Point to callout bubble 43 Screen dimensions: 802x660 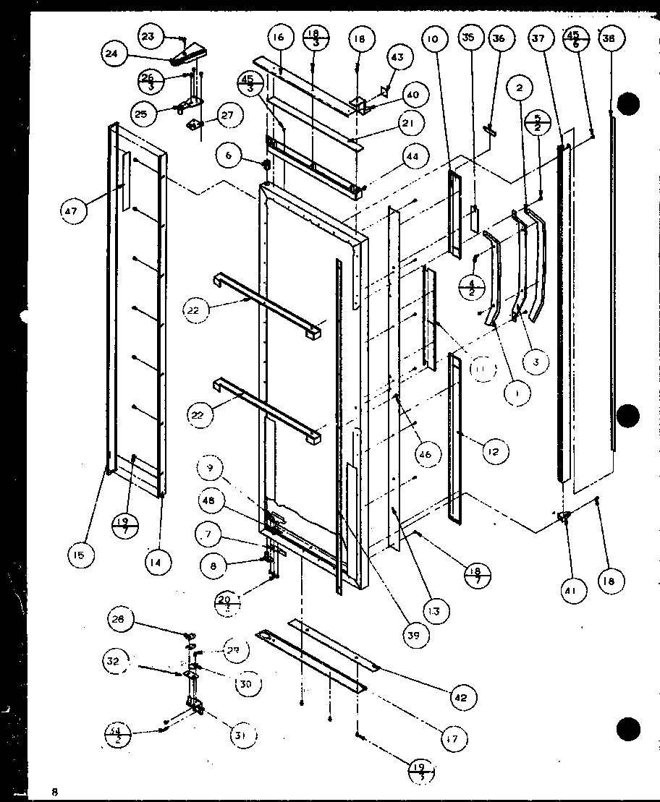[397, 57]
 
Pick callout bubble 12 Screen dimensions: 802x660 [493, 452]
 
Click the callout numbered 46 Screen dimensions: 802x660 [423, 454]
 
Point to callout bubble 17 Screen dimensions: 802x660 [454, 738]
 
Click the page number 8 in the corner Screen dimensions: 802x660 [54, 791]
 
